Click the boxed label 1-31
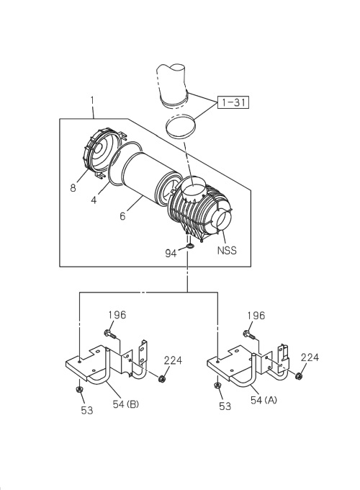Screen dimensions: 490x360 tap(233, 102)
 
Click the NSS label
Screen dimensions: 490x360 tap(228, 251)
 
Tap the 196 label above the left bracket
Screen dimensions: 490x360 tap(117, 315)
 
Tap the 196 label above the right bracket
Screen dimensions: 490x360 tap(257, 315)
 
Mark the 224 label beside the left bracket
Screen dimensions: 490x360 tap(173, 360)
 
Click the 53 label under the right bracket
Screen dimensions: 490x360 tap(225, 406)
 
